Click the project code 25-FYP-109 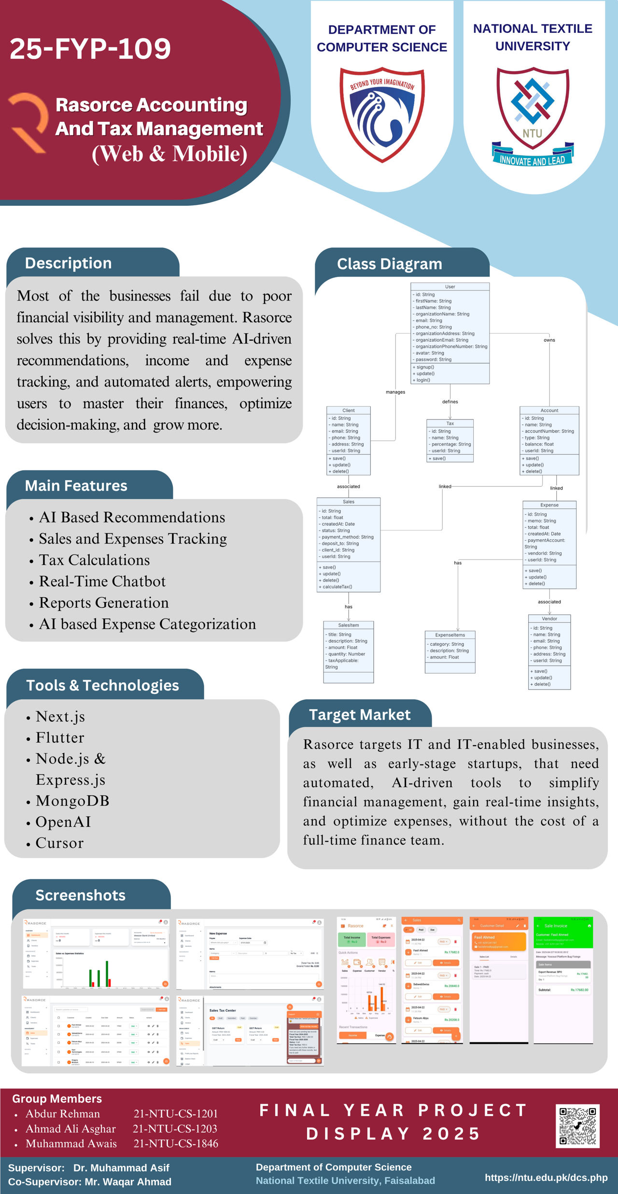pyautogui.click(x=90, y=49)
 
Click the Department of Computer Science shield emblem pyautogui.click(x=382, y=114)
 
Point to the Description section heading pyautogui.click(x=68, y=263)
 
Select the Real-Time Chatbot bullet pyautogui.click(x=102, y=581)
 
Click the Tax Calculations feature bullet pyautogui.click(x=94, y=560)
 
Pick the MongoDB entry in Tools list pyautogui.click(x=72, y=801)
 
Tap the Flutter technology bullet pyautogui.click(x=60, y=737)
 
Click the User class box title pyautogui.click(x=450, y=287)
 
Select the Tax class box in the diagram pyautogui.click(x=450, y=440)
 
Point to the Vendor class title pyautogui.click(x=549, y=619)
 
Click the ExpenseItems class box pyautogui.click(x=450, y=651)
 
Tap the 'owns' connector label pyautogui.click(x=549, y=340)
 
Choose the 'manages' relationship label pyautogui.click(x=395, y=392)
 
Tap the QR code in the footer pyautogui.click(x=577, y=1126)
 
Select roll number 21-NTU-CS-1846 pyautogui.click(x=176, y=1143)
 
